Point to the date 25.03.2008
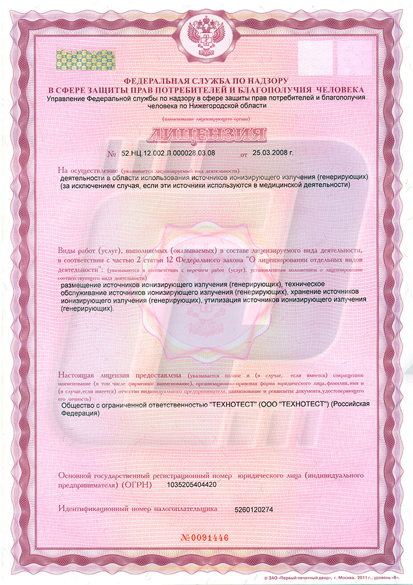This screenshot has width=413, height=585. pos(273,153)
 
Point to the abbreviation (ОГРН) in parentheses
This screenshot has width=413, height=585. pos(137,485)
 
